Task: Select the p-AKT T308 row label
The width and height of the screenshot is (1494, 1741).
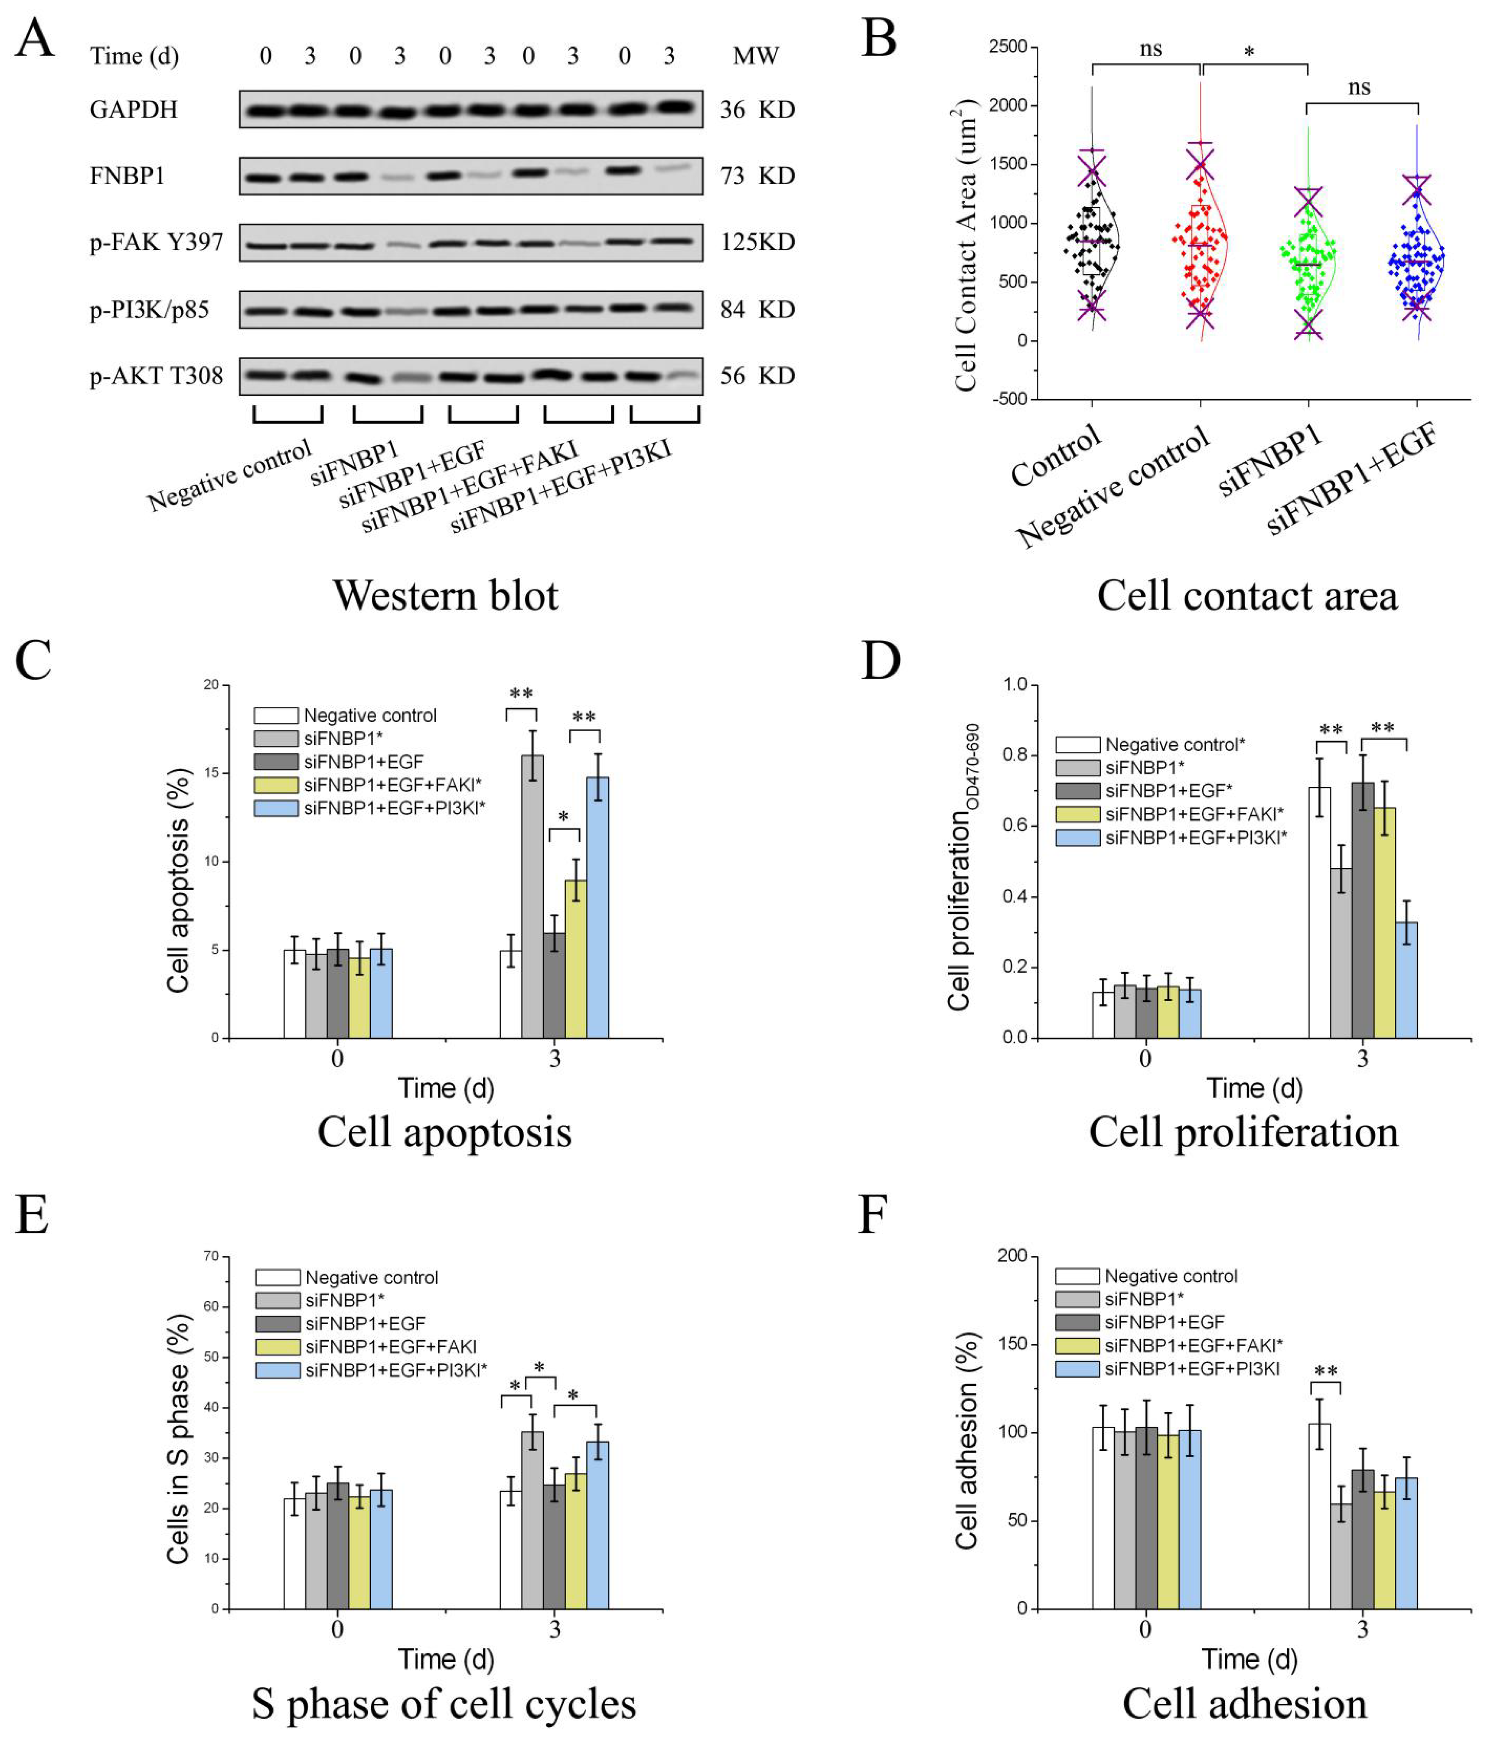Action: coord(157,376)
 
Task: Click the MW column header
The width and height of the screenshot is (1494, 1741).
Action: coord(755,56)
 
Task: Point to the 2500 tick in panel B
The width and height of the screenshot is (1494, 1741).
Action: coord(1008,47)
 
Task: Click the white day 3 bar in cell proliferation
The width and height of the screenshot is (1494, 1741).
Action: coord(1319,912)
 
